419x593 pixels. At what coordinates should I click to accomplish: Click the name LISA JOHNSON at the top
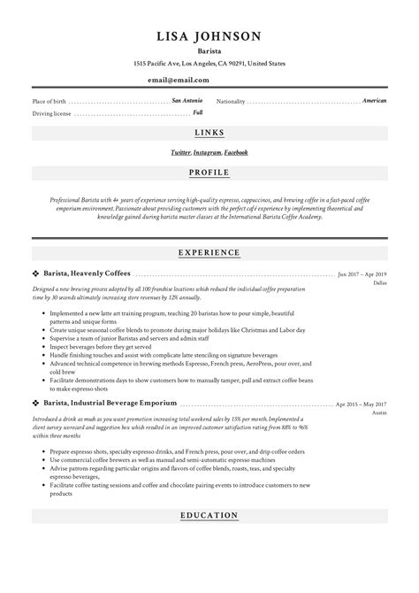click(x=209, y=36)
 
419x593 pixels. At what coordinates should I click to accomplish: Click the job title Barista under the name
click(x=209, y=51)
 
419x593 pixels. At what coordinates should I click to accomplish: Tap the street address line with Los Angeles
click(x=209, y=64)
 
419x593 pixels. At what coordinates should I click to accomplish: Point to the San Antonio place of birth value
click(x=187, y=101)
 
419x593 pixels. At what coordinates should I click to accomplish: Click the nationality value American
click(x=374, y=101)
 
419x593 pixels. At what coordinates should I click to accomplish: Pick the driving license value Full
click(x=198, y=113)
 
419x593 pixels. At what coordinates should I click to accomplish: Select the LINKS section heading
click(x=209, y=133)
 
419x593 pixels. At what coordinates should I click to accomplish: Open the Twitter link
click(x=180, y=152)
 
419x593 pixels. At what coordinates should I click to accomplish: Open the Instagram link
click(x=207, y=152)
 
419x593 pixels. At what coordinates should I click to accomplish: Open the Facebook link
click(x=236, y=152)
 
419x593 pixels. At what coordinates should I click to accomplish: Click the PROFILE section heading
click(x=209, y=172)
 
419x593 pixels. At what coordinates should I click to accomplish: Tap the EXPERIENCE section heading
click(x=209, y=252)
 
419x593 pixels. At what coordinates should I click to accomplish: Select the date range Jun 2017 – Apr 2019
click(x=362, y=275)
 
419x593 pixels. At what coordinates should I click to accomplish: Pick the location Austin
click(x=379, y=413)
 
